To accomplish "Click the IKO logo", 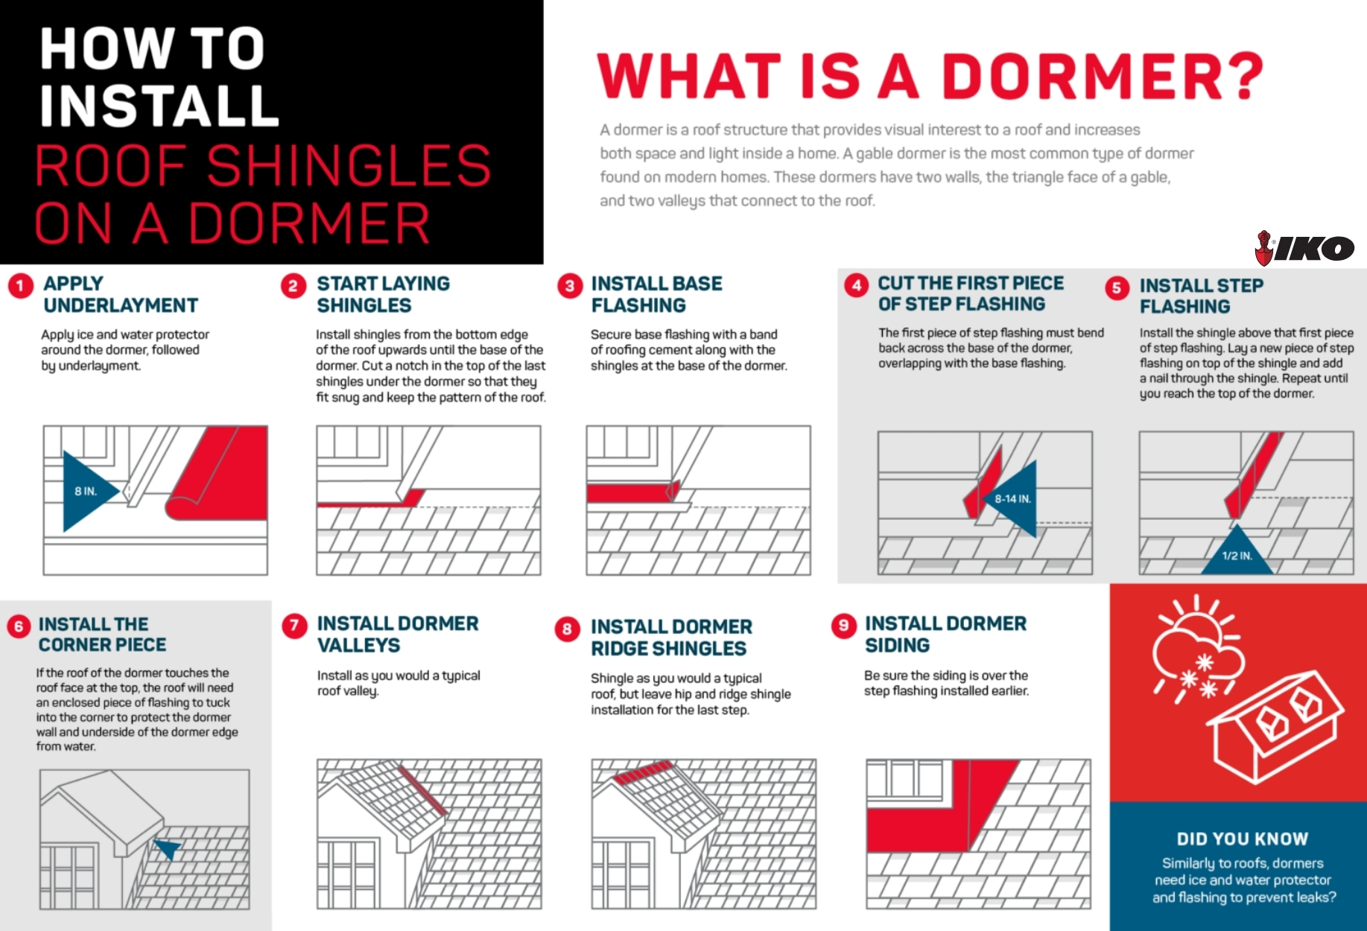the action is [1304, 248].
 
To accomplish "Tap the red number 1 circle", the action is [21, 286].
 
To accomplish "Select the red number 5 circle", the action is [1117, 288].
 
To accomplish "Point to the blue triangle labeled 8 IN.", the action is [86, 492].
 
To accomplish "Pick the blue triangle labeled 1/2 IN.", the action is [1237, 550].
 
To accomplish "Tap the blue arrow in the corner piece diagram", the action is [168, 848].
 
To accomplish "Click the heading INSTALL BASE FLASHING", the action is [656, 294].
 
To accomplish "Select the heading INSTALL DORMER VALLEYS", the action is [398, 634].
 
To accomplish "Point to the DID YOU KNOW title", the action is [1242, 839].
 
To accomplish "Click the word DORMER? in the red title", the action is [1103, 77].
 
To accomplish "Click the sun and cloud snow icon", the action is [1196, 648].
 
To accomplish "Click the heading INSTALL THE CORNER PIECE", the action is [102, 635].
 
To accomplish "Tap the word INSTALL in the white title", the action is [159, 106].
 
